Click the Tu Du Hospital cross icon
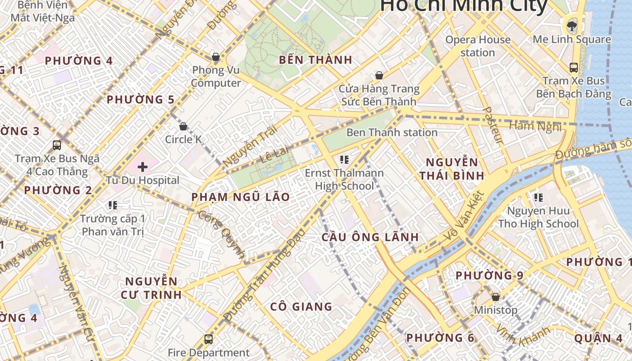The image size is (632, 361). tap(143, 167)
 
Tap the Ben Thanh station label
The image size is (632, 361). tap(392, 133)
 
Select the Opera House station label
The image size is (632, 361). tap(478, 46)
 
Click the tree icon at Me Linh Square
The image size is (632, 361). tap(572, 25)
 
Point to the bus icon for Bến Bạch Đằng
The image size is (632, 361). tap(573, 68)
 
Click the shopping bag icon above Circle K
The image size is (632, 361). tap(183, 126)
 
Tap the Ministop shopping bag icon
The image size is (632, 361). tap(495, 297)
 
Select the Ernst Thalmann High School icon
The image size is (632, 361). tap(344, 159)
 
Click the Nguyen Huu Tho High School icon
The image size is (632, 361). tap(538, 197)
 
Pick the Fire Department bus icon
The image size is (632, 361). tap(208, 339)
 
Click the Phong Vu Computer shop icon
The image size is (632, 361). tap(216, 57)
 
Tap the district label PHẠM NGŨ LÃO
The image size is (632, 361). tap(241, 197)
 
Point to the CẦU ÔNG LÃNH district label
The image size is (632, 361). tap(370, 237)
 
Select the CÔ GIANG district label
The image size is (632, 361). tap(301, 307)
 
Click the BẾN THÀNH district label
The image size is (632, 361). tap(316, 60)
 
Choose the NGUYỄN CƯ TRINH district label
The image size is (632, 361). tap(151, 288)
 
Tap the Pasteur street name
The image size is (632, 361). tap(493, 125)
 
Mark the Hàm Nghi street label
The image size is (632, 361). tap(535, 126)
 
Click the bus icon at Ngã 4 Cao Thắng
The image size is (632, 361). tap(57, 145)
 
